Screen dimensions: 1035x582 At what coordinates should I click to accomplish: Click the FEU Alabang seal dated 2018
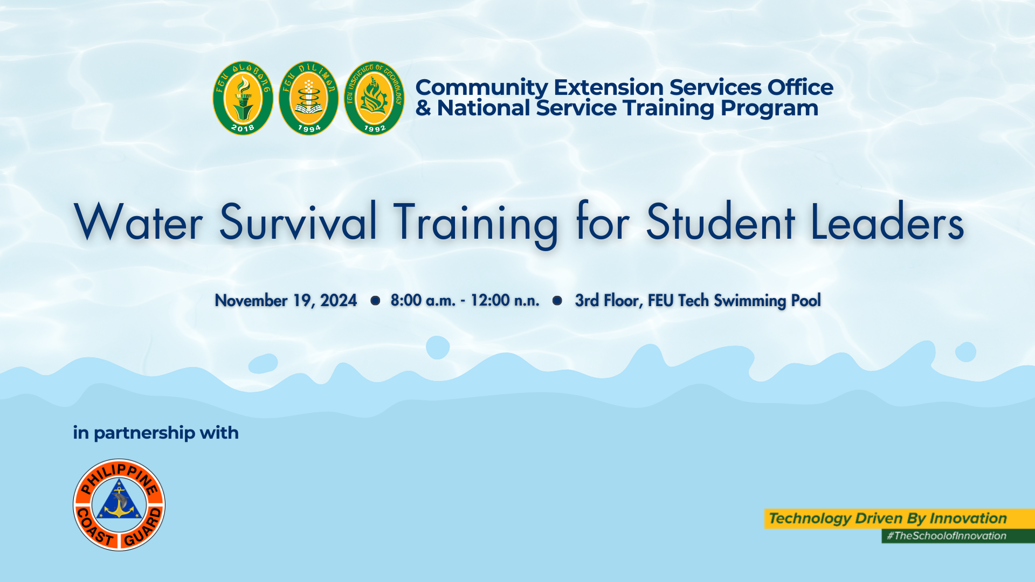pyautogui.click(x=243, y=98)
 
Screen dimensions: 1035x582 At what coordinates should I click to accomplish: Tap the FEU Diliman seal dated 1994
pyautogui.click(x=308, y=98)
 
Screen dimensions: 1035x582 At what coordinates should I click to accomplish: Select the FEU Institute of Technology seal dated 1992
pyautogui.click(x=374, y=98)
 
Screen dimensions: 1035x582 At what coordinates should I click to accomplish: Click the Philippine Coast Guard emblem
pyautogui.click(x=119, y=505)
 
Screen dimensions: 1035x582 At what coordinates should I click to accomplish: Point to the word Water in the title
pyautogui.click(x=138, y=221)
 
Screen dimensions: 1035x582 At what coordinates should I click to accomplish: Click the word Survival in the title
pyautogui.click(x=298, y=221)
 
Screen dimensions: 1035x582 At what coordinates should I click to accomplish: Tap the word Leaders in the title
pyautogui.click(x=887, y=221)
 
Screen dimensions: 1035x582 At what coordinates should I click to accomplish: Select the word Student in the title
pyautogui.click(x=720, y=221)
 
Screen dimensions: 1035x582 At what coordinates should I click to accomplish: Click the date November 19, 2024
pyautogui.click(x=286, y=301)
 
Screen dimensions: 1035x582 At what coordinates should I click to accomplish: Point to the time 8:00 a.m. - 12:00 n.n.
pyautogui.click(x=465, y=300)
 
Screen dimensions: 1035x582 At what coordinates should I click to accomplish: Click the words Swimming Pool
pyautogui.click(x=767, y=301)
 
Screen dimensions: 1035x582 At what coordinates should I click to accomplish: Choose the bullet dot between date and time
pyautogui.click(x=375, y=300)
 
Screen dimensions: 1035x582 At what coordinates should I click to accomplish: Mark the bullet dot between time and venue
pyautogui.click(x=557, y=300)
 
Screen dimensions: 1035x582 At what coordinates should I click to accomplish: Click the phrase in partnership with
pyautogui.click(x=156, y=433)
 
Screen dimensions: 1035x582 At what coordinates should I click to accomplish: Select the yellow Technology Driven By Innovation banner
pyautogui.click(x=899, y=518)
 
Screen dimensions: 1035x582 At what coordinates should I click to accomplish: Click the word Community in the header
pyautogui.click(x=481, y=87)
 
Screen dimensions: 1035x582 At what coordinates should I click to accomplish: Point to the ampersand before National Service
pyautogui.click(x=423, y=108)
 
